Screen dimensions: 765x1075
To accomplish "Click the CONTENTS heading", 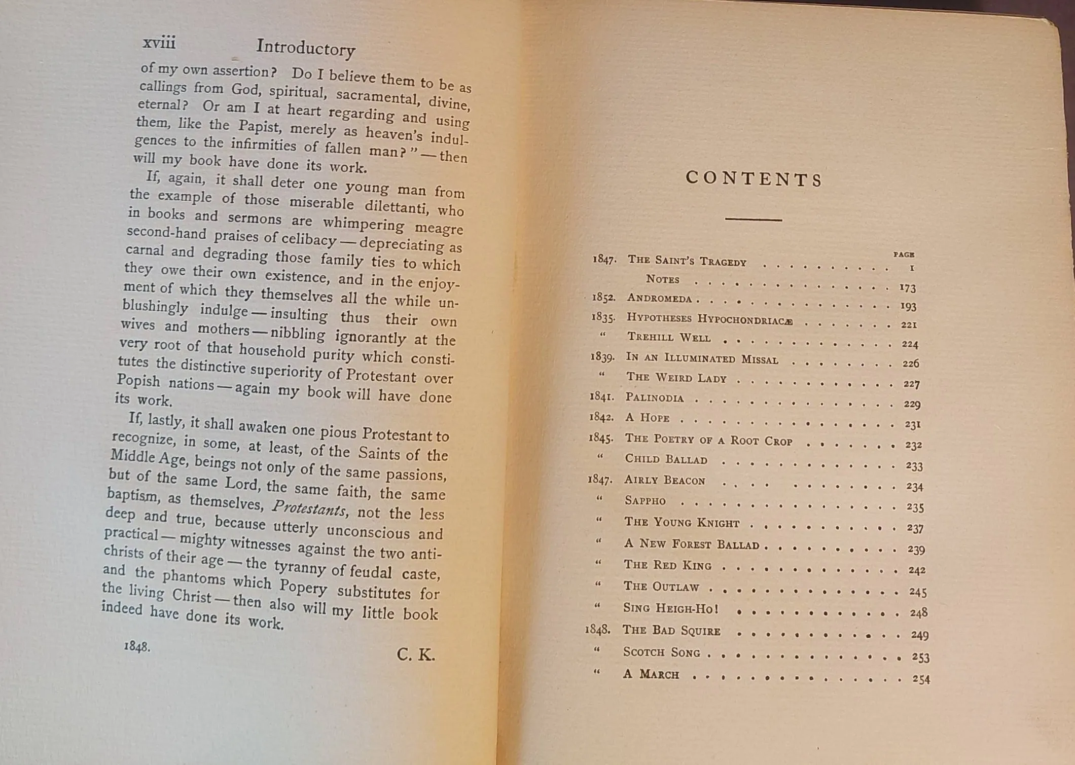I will point(754,179).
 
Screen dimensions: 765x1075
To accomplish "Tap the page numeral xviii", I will point(159,43).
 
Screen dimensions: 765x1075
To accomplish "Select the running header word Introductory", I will point(305,48).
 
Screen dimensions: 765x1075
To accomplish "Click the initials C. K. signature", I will point(416,655).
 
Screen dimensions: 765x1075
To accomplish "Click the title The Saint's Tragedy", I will point(687,261).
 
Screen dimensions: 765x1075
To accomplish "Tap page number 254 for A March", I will point(921,679).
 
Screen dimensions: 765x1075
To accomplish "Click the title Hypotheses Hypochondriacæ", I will point(709,319).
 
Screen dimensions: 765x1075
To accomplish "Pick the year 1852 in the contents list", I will point(603,298).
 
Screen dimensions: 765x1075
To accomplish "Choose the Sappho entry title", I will point(645,501).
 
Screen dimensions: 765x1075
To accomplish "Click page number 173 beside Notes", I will point(908,288).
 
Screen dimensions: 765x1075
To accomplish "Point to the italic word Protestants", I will point(309,507).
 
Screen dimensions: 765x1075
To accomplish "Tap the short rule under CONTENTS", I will point(754,220).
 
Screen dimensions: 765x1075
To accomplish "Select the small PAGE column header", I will point(904,254).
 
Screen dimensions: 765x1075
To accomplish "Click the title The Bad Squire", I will point(671,631).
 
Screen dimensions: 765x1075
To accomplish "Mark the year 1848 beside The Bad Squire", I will point(597,629).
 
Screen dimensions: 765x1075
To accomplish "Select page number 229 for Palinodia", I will point(912,404).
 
